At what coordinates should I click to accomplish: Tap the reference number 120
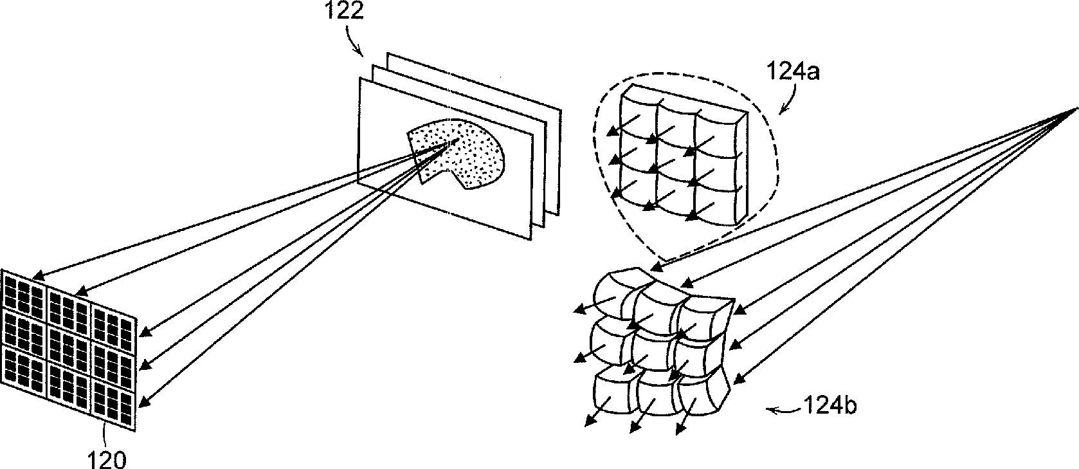pos(107,459)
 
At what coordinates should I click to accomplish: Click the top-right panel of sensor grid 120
pos(113,322)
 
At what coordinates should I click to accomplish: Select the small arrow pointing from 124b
pos(775,409)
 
